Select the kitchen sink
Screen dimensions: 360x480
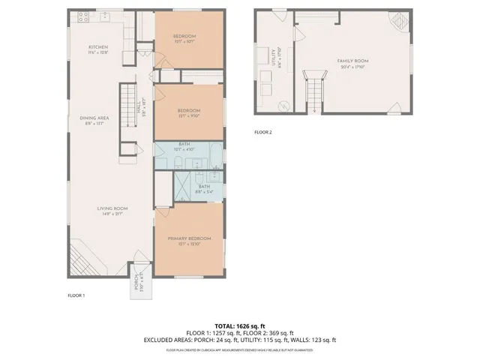point(106,14)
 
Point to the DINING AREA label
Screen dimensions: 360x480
point(94,118)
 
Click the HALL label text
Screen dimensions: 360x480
point(139,110)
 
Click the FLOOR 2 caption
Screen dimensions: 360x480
point(262,132)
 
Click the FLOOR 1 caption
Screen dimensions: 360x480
point(76,295)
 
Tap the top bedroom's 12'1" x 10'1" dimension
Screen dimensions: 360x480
point(185,41)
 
